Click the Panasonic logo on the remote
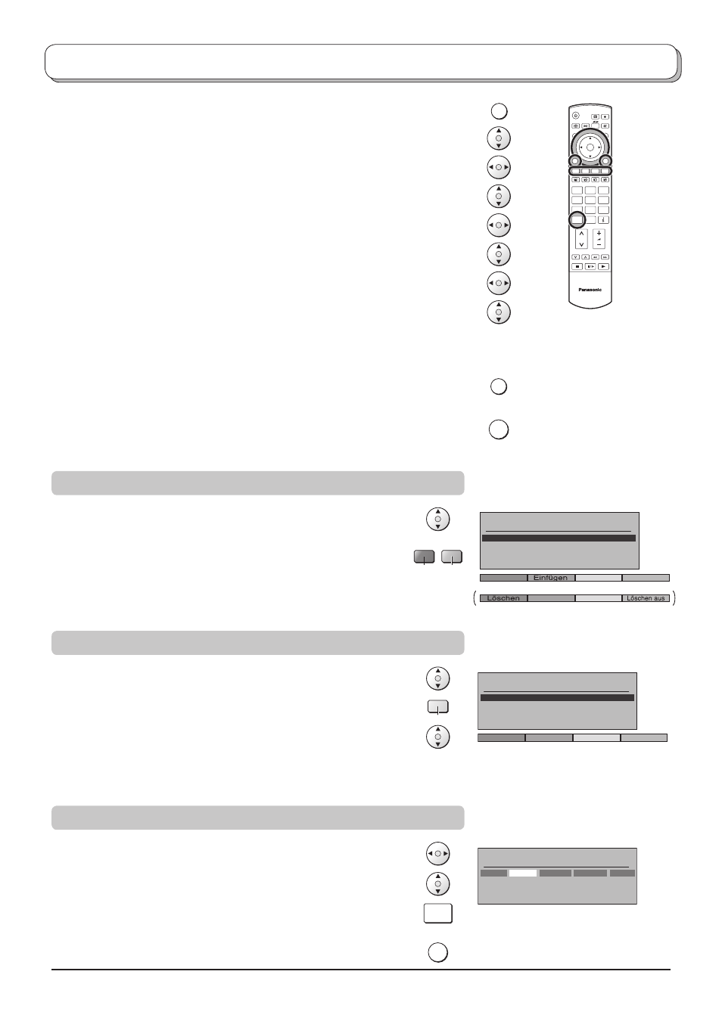[590, 290]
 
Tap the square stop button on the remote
[577, 267]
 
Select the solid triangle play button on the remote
[603, 267]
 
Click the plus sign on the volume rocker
[599, 234]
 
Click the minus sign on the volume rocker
[599, 245]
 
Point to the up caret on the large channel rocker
[581, 234]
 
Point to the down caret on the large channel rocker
[581, 244]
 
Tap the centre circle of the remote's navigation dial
[590, 147]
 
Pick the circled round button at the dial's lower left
[575, 161]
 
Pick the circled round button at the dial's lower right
[605, 161]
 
